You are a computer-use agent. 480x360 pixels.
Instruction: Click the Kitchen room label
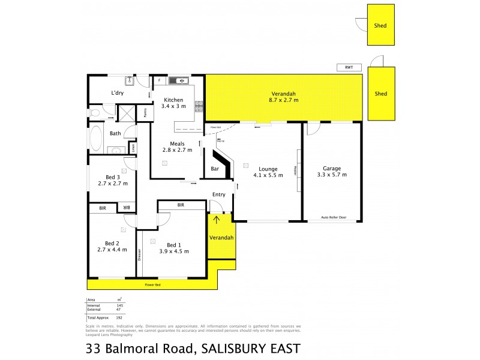(173, 100)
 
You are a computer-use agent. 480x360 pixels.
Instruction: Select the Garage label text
(332, 169)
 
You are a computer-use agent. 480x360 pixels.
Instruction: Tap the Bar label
(215, 169)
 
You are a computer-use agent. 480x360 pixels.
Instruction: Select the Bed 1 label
(173, 245)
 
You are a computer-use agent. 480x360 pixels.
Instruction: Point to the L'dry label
(117, 93)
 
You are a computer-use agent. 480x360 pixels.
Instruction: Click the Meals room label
(177, 143)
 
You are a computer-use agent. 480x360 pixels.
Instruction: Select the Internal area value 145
(119, 305)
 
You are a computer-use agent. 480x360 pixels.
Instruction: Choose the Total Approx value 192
(119, 316)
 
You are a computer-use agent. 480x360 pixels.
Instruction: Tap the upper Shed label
(380, 26)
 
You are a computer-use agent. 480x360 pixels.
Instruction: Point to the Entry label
(219, 194)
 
